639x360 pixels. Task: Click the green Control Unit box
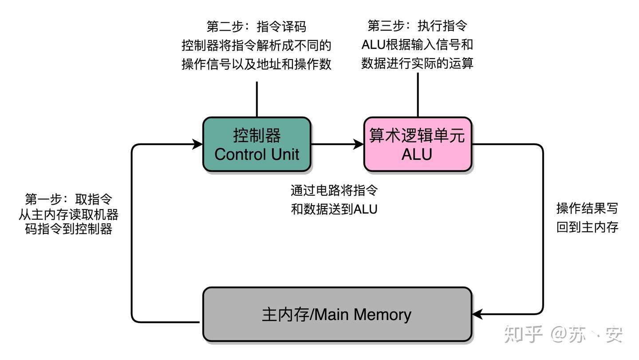point(256,145)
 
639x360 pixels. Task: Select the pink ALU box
point(417,145)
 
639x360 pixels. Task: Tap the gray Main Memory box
point(337,315)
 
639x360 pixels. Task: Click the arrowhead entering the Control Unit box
point(197,144)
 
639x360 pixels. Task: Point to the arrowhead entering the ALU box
point(359,144)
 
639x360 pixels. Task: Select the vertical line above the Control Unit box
point(256,99)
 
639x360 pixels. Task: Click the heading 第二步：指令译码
point(256,27)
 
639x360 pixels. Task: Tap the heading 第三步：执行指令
point(417,26)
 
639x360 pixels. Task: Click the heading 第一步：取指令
point(68,199)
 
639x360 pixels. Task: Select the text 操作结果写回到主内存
point(587,218)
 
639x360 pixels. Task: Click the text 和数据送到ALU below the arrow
point(334,209)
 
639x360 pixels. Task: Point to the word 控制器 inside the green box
point(256,135)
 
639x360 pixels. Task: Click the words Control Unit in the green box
point(256,154)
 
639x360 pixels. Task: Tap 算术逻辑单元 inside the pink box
point(417,135)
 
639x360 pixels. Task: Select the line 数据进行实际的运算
point(417,63)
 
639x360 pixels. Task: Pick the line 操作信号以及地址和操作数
point(256,64)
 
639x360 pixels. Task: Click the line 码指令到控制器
point(68,229)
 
